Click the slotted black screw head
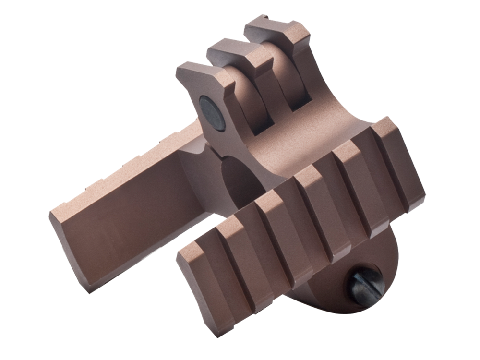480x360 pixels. [x=366, y=287]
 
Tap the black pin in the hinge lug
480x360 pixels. [x=212, y=113]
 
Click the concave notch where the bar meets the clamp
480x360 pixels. [x=197, y=158]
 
